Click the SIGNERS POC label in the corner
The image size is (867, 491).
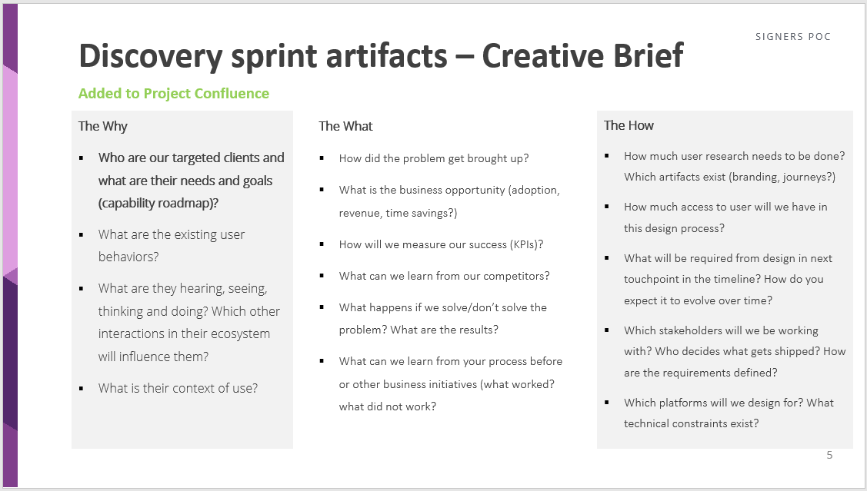(792, 37)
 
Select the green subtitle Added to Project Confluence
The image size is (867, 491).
(174, 94)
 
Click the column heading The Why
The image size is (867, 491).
(102, 126)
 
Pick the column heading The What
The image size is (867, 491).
(345, 126)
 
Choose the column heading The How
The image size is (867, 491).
(629, 125)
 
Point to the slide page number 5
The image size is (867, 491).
(829, 455)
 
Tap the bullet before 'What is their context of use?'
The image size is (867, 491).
(82, 389)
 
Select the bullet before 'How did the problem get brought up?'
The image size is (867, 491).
(322, 159)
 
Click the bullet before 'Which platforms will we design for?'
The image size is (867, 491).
(607, 403)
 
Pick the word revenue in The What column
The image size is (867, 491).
(361, 214)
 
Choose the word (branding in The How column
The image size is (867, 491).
(740, 177)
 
